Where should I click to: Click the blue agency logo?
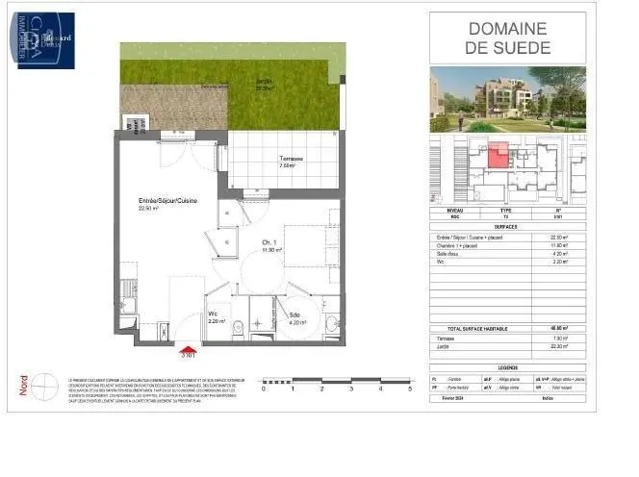click(x=45, y=40)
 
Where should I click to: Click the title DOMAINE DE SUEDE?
click(x=507, y=38)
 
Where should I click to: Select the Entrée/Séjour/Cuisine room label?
click(x=160, y=201)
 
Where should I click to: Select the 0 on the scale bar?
click(x=264, y=389)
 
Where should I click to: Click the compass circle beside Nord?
click(x=44, y=389)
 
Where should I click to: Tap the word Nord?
click(x=24, y=386)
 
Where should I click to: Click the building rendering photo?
click(x=507, y=101)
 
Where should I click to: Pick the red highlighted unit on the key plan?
click(x=498, y=155)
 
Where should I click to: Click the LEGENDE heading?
click(x=507, y=366)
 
